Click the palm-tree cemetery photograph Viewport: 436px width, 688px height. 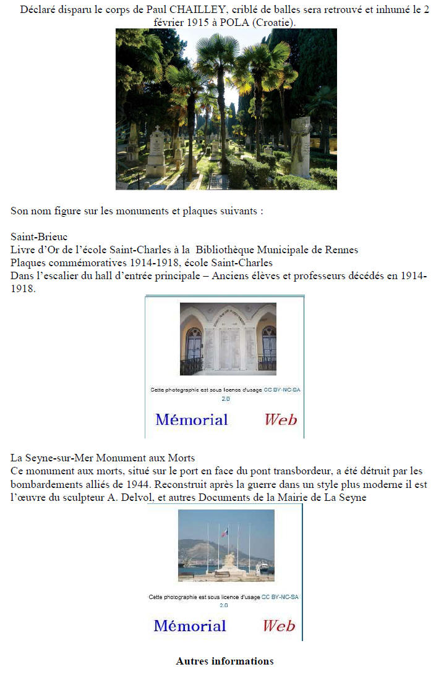coord(226,109)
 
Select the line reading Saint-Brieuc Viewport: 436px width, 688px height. coord(39,237)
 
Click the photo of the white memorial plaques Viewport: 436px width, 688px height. coord(228,339)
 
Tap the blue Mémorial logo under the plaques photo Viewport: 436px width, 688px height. coord(192,420)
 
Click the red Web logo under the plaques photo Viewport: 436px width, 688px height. coord(281,420)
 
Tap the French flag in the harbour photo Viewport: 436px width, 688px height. coord(224,532)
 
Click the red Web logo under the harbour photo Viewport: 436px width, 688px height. coord(279,626)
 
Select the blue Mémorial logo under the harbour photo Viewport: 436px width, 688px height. coord(190,626)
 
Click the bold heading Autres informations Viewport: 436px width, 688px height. coord(224,661)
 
